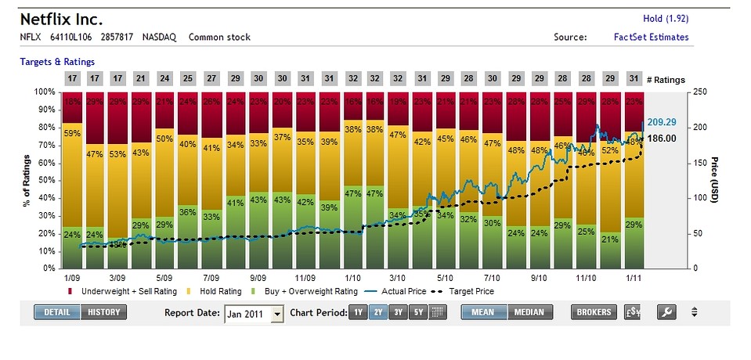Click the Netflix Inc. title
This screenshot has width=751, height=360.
(x=61, y=19)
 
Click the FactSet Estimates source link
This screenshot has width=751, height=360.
(x=652, y=37)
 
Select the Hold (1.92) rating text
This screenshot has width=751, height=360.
(x=666, y=20)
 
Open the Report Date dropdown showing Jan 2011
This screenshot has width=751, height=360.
(x=254, y=314)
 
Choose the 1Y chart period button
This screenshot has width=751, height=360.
(x=357, y=313)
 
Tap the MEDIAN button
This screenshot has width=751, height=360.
(x=530, y=313)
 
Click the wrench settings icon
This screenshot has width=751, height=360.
(x=666, y=313)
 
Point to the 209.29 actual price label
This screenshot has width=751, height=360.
(x=661, y=123)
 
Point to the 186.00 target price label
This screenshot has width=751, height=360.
(x=661, y=139)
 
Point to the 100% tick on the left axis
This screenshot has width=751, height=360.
(x=45, y=92)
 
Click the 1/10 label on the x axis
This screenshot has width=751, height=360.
(x=352, y=277)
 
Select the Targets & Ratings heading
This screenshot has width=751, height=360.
(x=57, y=61)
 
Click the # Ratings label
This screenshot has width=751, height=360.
(x=665, y=79)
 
